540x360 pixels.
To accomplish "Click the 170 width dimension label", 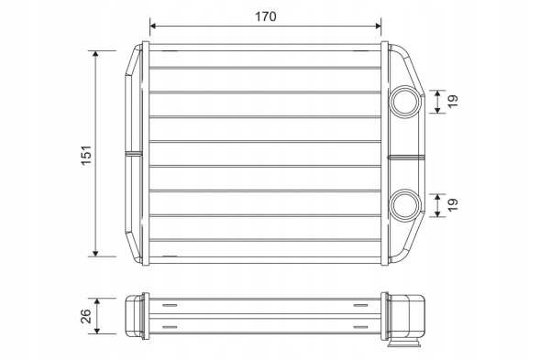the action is pyautogui.click(x=266, y=16).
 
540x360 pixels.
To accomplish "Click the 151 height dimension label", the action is pyautogui.click(x=86, y=155).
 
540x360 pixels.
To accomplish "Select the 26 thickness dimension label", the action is pyautogui.click(x=86, y=316).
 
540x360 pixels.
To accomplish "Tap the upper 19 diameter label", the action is pyautogui.click(x=453, y=101).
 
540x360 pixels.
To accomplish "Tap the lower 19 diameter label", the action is pyautogui.click(x=453, y=205).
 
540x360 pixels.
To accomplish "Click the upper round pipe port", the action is pyautogui.click(x=406, y=102).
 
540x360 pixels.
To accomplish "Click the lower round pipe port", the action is pyautogui.click(x=406, y=205).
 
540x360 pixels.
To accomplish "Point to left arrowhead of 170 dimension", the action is pyautogui.click(x=153, y=26).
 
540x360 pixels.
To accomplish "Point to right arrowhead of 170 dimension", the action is pyautogui.click(x=378, y=26).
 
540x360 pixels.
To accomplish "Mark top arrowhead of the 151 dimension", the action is pyautogui.click(x=95, y=54).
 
